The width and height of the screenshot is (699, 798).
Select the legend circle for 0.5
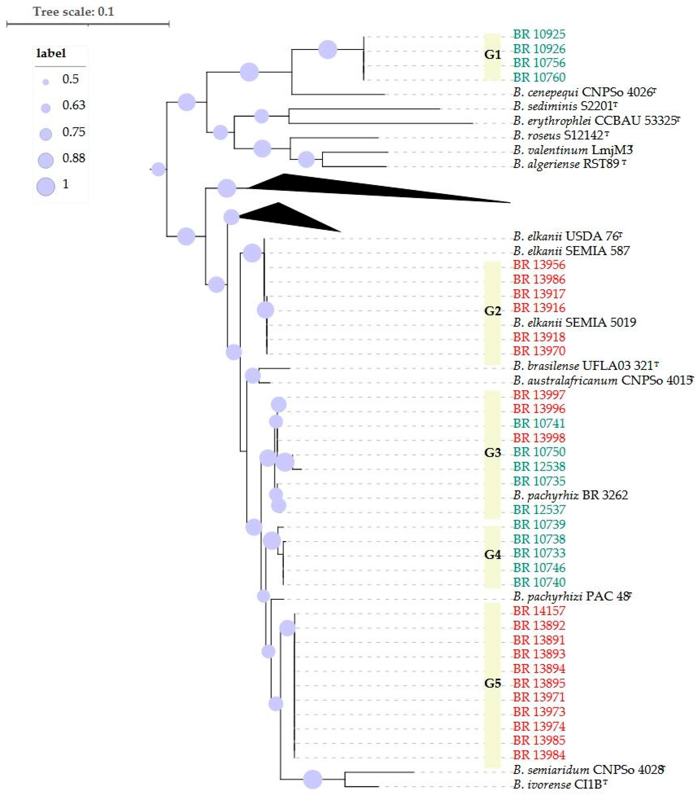(x=46, y=82)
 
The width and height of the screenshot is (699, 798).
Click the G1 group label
(x=492, y=55)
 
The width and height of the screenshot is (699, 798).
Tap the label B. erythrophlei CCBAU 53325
(x=596, y=121)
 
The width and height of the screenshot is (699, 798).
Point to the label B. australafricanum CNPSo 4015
(x=603, y=380)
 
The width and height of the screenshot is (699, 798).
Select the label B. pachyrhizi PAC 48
(x=571, y=596)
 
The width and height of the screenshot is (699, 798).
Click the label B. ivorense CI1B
(x=559, y=784)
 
